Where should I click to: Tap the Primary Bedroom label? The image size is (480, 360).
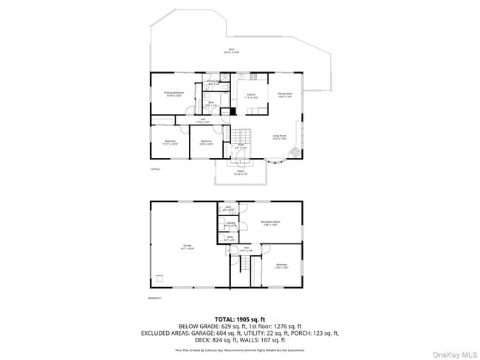click(x=174, y=94)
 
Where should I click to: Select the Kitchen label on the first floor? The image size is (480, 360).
click(x=251, y=96)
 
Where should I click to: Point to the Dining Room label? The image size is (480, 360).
click(x=284, y=95)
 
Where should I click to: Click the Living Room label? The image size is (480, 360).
click(x=279, y=136)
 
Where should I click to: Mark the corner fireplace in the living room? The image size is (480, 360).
click(x=295, y=153)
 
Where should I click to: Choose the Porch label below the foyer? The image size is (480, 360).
click(x=239, y=173)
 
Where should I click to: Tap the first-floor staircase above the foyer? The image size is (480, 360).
click(x=241, y=135)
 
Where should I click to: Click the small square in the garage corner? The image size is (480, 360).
click(x=159, y=280)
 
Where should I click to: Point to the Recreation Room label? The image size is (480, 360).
click(x=270, y=223)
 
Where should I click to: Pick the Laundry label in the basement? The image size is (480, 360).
click(x=230, y=224)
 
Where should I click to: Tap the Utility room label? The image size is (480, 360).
click(x=230, y=238)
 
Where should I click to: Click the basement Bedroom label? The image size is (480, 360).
click(x=281, y=266)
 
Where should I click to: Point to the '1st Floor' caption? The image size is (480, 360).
click(x=155, y=169)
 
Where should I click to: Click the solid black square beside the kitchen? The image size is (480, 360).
click(x=233, y=111)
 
